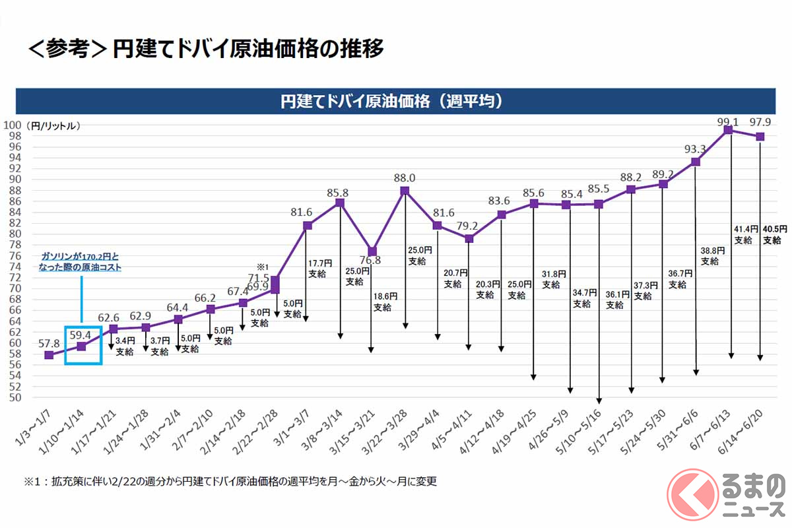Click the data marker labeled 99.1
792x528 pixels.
click(729, 130)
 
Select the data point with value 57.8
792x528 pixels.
click(49, 355)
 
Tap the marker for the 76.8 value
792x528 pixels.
click(372, 251)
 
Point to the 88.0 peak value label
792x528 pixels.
click(405, 178)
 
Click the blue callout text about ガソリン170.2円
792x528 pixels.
click(81, 261)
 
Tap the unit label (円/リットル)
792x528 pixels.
click(53, 125)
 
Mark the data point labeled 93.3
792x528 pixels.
click(696, 162)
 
